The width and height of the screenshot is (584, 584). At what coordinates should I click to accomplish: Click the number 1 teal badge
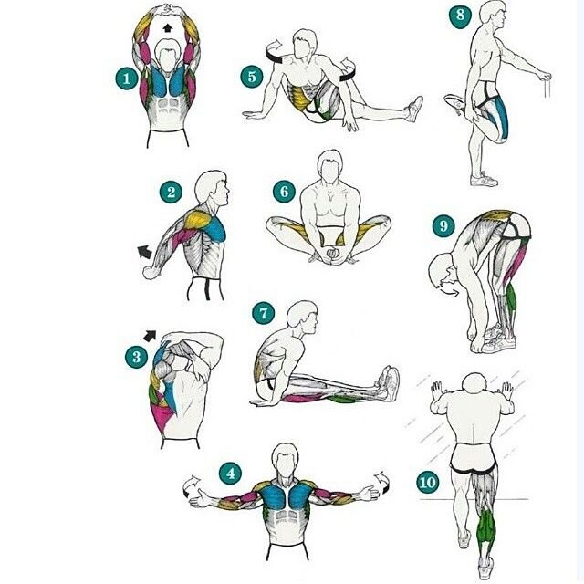(127, 78)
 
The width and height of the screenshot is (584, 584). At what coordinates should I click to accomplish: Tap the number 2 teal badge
(171, 192)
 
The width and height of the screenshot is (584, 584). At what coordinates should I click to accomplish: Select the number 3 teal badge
(136, 357)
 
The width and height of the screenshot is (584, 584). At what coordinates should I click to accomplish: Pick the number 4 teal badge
(231, 474)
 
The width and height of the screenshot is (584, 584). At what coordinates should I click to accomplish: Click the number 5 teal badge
(252, 77)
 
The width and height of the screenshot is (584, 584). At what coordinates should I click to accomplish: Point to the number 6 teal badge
(284, 192)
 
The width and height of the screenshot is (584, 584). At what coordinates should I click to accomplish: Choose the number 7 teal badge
(264, 313)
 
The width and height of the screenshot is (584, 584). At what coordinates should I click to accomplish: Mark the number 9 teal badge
(443, 225)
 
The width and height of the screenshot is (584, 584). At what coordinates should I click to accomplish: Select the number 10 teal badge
(427, 483)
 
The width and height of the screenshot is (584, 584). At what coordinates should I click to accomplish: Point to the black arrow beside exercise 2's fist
(145, 252)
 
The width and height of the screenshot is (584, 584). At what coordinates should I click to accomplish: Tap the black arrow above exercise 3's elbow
(150, 336)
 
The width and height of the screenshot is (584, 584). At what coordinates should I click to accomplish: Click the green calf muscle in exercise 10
(485, 527)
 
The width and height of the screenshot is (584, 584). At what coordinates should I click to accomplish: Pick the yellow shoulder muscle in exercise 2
(197, 220)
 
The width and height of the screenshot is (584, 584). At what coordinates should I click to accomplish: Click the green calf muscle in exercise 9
(512, 297)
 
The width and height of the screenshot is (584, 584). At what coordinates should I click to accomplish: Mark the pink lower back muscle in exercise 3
(162, 419)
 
